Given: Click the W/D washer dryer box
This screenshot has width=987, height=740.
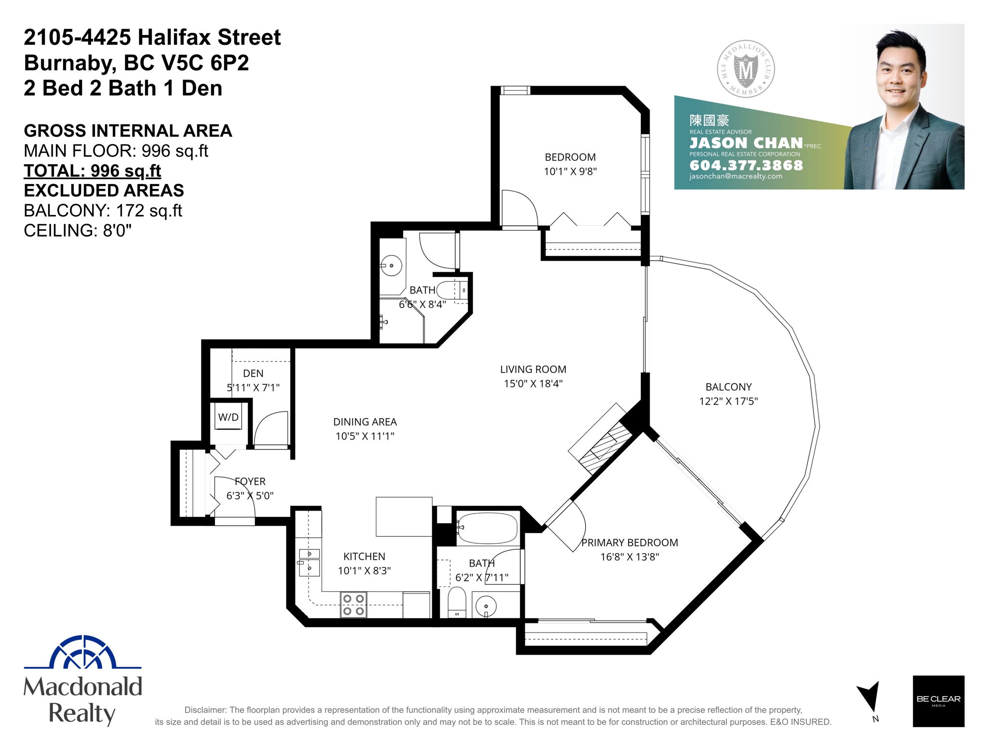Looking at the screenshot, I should click(x=228, y=417).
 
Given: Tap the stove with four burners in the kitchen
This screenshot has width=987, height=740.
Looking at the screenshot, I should click(x=353, y=605).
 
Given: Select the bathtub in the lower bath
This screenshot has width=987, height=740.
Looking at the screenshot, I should click(x=487, y=528).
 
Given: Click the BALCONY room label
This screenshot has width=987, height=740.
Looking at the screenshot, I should click(x=728, y=387).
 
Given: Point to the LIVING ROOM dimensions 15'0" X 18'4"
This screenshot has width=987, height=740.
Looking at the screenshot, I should click(x=533, y=384).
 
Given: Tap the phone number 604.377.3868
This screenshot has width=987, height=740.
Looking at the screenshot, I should click(x=746, y=165).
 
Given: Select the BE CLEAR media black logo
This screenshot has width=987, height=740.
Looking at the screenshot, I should click(x=938, y=701).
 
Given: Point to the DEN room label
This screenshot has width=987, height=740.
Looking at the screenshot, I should click(x=253, y=373).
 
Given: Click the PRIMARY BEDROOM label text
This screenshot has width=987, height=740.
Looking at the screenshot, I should click(x=629, y=543).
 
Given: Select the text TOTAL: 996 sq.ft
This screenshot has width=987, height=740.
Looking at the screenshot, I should click(x=93, y=171).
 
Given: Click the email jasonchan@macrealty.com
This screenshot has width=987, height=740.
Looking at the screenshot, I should click(x=735, y=176).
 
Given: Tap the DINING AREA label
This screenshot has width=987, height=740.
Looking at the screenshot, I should click(x=365, y=422).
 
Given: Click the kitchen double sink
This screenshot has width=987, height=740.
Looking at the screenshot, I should click(x=309, y=562).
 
